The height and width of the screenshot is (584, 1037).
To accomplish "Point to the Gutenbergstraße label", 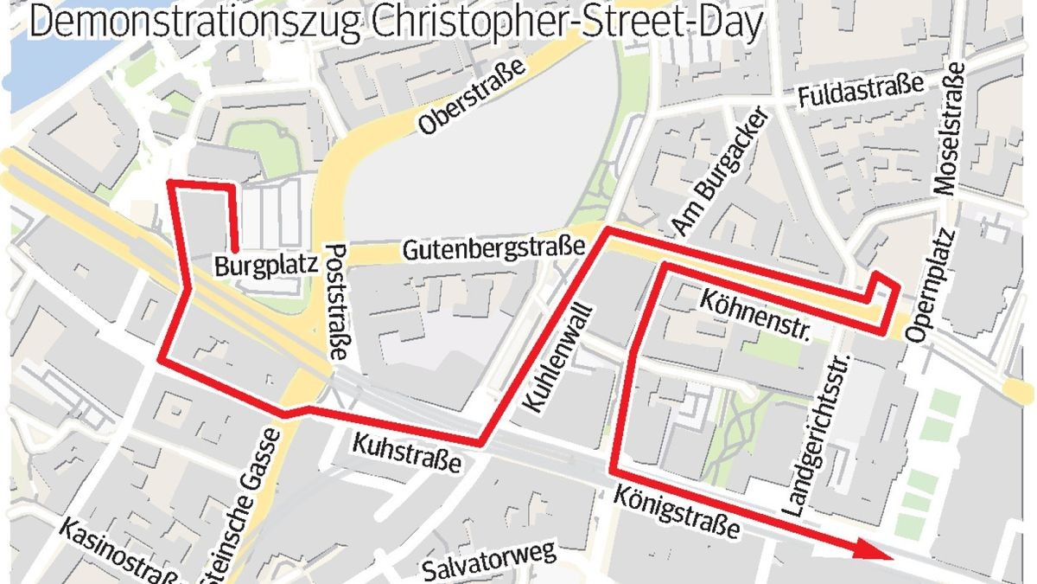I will coord(493,252).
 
